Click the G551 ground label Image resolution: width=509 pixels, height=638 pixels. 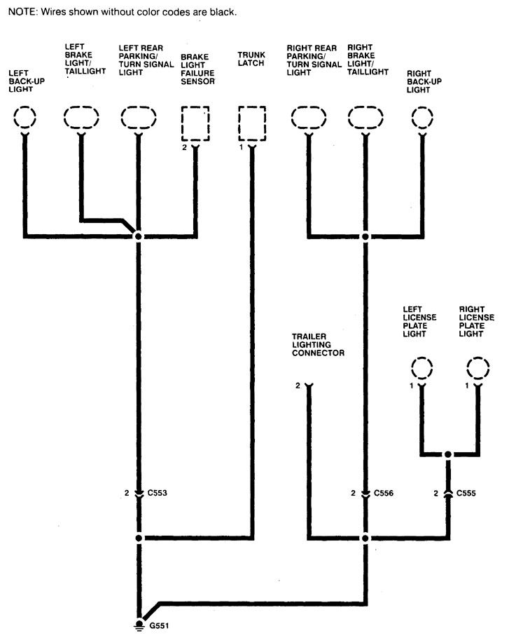pos(158,624)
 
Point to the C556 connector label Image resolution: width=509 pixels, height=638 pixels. pos(384,493)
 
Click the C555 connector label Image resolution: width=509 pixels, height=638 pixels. pos(467,493)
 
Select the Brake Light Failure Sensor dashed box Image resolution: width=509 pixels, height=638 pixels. pos(195,123)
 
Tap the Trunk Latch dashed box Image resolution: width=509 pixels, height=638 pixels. pos(251,123)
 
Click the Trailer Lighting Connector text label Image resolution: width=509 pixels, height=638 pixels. pos(318,345)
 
